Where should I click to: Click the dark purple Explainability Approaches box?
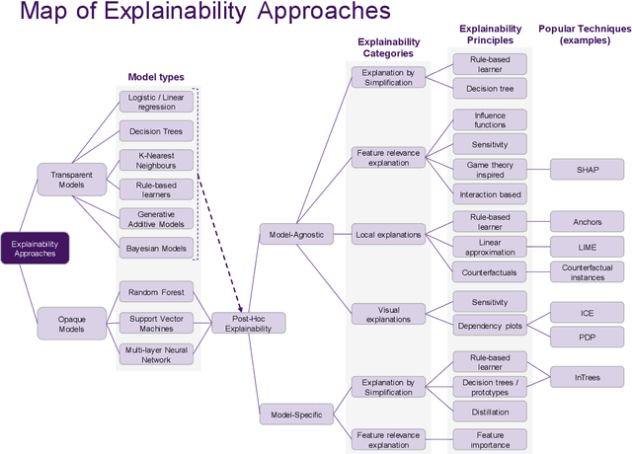coord(35,249)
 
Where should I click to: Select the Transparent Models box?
coord(65,178)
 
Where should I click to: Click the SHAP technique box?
coord(587,169)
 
